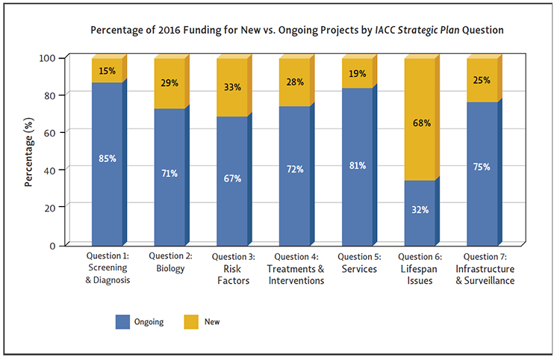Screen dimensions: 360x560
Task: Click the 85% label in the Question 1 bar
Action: [x=107, y=158]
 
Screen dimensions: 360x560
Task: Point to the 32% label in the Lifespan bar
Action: [x=420, y=210]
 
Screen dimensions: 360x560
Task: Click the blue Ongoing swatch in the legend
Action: [x=123, y=322]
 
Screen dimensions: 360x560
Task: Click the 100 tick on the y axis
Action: [x=47, y=58]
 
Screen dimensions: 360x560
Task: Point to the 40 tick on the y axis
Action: [x=49, y=169]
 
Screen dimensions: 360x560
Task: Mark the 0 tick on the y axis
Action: [x=52, y=245]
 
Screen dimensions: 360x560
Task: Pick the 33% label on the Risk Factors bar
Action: [x=232, y=87]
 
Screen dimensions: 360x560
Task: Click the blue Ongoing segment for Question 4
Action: [x=294, y=187]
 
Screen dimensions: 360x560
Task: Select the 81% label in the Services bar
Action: [x=357, y=165]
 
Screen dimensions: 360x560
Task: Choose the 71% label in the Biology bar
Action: [x=169, y=173]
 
